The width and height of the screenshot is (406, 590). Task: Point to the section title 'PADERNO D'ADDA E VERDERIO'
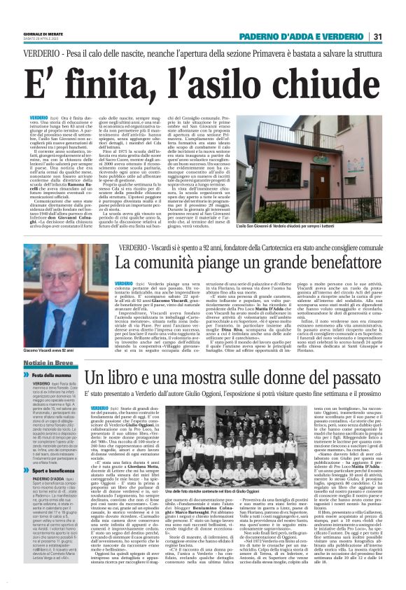304,36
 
